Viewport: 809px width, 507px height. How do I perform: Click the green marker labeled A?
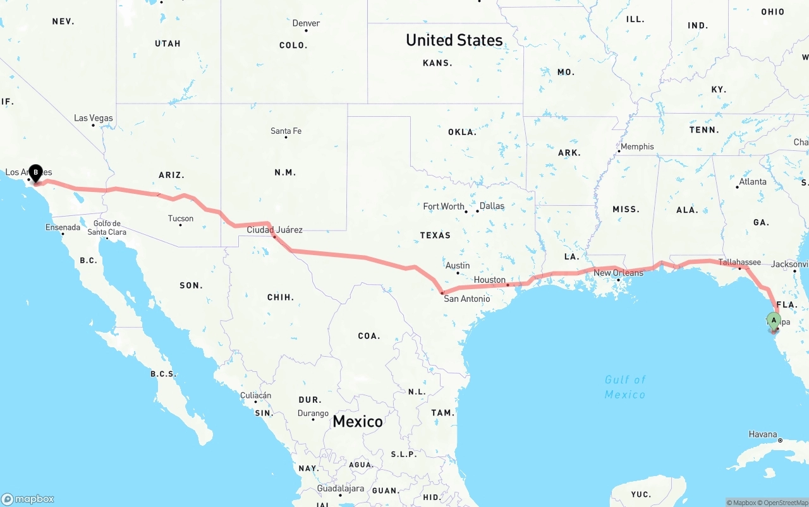774,319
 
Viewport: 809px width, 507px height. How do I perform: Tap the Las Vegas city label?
94,118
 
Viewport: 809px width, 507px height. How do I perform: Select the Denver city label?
306,23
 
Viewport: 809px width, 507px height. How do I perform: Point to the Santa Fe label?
286,131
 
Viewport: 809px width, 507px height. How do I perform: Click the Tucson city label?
181,219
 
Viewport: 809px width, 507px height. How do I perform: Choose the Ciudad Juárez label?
274,230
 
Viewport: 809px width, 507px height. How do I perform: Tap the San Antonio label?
466,299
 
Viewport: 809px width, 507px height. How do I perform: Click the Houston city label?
490,280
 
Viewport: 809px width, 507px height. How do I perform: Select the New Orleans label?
618,273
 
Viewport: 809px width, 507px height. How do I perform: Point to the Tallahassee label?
739,262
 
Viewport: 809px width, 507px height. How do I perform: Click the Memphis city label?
637,146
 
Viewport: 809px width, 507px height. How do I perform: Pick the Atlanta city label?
753,182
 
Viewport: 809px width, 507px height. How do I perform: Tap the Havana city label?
763,434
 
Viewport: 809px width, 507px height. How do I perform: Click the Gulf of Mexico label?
625,387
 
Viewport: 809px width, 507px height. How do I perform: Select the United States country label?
454,40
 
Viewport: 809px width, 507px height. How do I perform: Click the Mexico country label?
358,422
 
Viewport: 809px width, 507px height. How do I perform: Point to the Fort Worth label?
444,206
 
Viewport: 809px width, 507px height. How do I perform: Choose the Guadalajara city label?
341,489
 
